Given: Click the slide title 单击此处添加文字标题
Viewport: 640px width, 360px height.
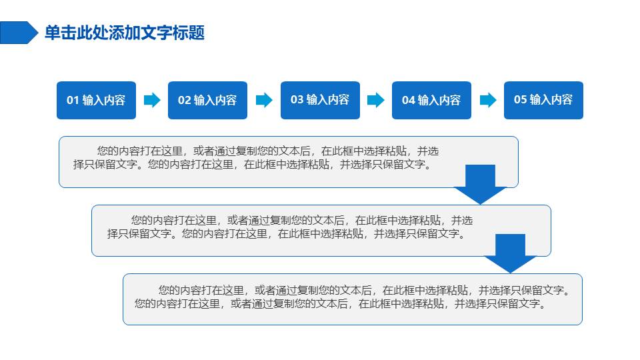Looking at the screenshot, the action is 125,33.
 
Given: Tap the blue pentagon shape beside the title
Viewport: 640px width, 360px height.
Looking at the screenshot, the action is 19,33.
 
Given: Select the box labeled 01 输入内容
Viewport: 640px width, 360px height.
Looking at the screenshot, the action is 96,101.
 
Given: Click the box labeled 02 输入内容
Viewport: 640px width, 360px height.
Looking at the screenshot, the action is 208,101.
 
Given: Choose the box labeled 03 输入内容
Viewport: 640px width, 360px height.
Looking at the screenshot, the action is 321,101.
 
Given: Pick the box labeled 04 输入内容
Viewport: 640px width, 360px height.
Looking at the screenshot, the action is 432,101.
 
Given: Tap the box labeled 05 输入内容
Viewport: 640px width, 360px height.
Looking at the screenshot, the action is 544,101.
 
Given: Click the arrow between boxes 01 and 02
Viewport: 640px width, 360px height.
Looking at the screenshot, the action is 152,100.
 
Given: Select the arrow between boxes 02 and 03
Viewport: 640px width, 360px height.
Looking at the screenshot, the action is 264,100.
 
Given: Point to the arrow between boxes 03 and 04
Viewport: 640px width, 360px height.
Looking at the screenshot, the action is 376,100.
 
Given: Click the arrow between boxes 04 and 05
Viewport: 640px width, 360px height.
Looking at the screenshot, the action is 488,100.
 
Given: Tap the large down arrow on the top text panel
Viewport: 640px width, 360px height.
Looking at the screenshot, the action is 481,185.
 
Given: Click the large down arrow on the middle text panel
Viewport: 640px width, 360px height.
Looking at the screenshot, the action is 510,253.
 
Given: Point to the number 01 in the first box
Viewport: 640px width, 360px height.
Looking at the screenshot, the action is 73,101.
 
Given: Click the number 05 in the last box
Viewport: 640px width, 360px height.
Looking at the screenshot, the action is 520,99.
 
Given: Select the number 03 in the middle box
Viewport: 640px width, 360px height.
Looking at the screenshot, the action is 297,99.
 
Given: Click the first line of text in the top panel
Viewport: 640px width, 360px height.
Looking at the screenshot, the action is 268,151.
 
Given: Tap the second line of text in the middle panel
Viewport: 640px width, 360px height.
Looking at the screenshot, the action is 287,234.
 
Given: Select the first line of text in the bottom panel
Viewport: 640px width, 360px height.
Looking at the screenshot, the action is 365,290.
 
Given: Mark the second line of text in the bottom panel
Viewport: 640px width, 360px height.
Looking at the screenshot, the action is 341,304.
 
